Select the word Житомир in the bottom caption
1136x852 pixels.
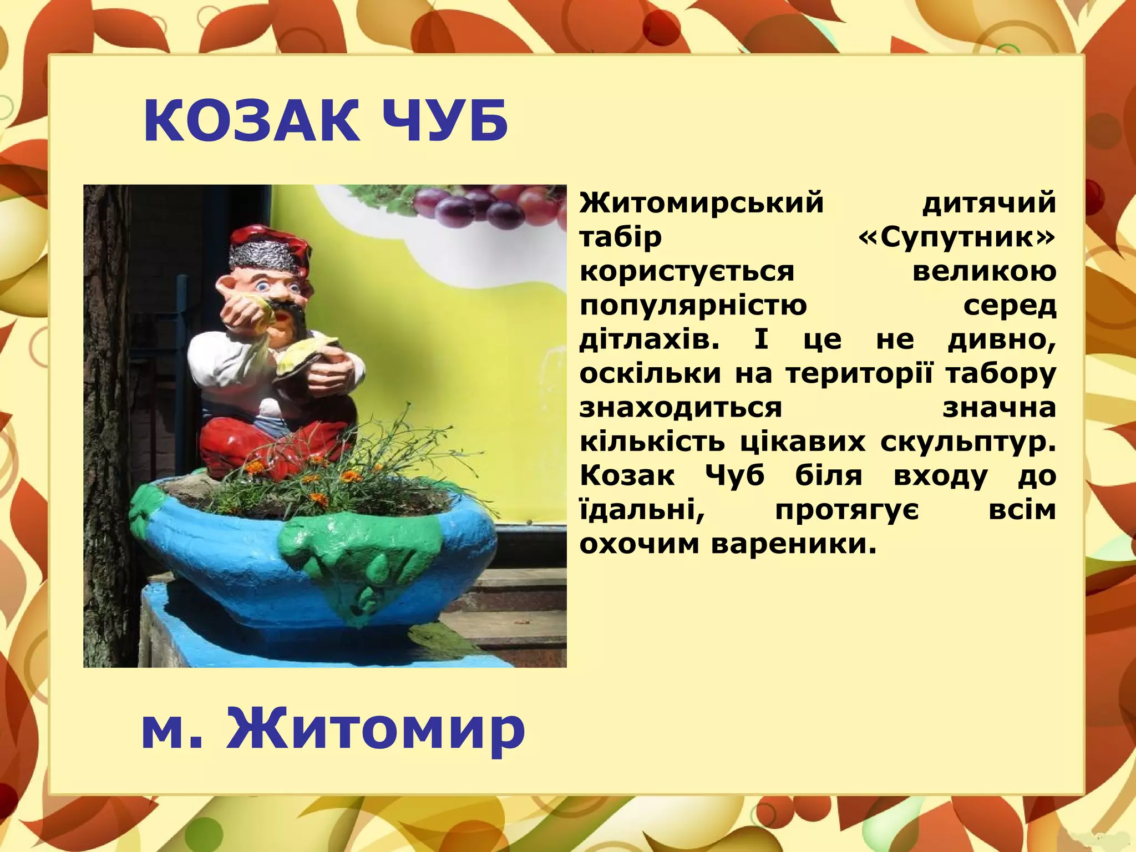(x=375, y=728)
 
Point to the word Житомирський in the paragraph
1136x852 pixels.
(x=702, y=202)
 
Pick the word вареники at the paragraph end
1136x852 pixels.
(x=794, y=544)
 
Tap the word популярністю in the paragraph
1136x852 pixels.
(x=693, y=306)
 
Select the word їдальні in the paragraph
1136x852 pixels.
(x=642, y=510)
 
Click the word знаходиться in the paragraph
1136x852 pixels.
(x=681, y=408)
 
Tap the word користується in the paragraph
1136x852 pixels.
(x=687, y=272)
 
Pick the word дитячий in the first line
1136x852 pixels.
(x=989, y=202)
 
